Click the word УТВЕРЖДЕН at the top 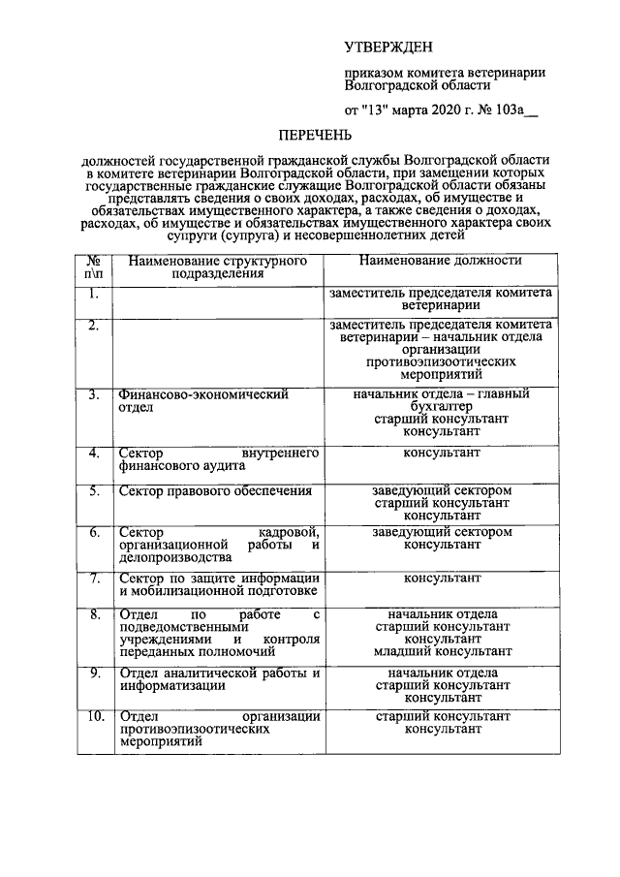(x=389, y=47)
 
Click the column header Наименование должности (x=441, y=261)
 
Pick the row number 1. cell (x=94, y=293)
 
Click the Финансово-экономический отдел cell (x=218, y=401)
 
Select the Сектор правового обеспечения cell (x=215, y=491)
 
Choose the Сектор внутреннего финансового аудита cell (x=218, y=459)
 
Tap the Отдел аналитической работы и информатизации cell (x=218, y=679)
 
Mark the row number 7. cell (x=94, y=579)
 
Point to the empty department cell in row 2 (x=218, y=349)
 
